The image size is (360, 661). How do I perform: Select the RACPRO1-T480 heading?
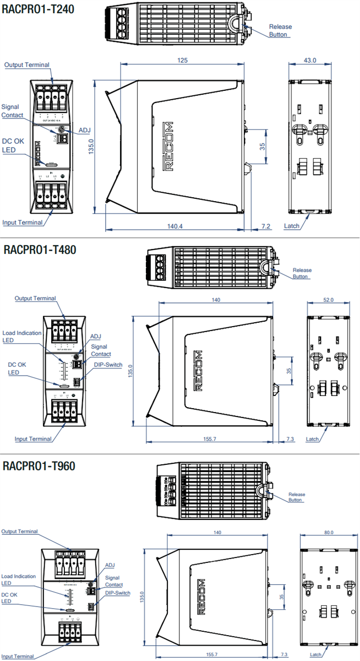click(x=40, y=250)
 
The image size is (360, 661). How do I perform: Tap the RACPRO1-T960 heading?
click(x=39, y=466)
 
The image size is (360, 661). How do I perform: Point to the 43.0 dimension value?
click(x=310, y=60)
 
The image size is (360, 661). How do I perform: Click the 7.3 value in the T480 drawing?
click(x=291, y=438)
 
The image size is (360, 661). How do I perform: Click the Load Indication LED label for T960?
click(x=18, y=579)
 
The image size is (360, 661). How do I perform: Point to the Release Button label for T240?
click(x=280, y=30)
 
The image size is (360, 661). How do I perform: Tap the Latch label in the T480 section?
click(x=312, y=439)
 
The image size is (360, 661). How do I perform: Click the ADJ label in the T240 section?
click(x=84, y=130)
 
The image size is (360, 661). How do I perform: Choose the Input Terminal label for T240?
click(x=23, y=223)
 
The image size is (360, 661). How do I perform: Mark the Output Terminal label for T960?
click(x=19, y=532)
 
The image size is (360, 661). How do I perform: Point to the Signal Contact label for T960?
click(x=114, y=581)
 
